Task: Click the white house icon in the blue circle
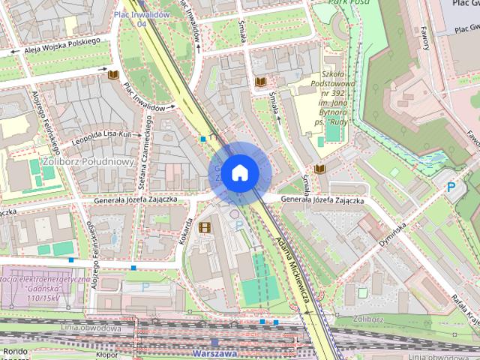pos(239,172)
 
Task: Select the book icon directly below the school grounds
pos(319,169)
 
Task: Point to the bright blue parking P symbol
pos(451,187)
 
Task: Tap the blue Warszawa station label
pos(214,352)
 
